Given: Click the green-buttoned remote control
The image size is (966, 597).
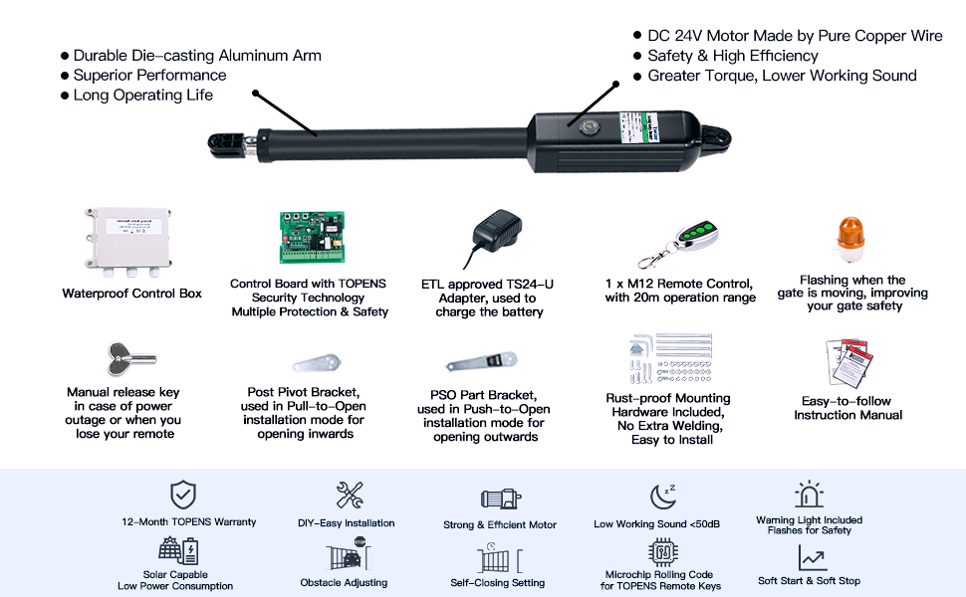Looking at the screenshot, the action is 690,235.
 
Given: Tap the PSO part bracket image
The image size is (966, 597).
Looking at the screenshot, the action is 483,360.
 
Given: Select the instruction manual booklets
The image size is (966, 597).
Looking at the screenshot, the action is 847,363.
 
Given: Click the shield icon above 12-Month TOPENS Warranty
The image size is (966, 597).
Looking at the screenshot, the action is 181,494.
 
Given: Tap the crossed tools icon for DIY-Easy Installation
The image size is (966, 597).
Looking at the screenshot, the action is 349,495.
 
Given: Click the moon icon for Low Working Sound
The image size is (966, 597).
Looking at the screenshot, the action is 661,496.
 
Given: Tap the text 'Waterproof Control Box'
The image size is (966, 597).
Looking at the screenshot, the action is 131,294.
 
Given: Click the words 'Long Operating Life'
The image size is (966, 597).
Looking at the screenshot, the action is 142,96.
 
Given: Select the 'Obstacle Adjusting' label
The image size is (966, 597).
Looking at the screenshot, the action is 344,582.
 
